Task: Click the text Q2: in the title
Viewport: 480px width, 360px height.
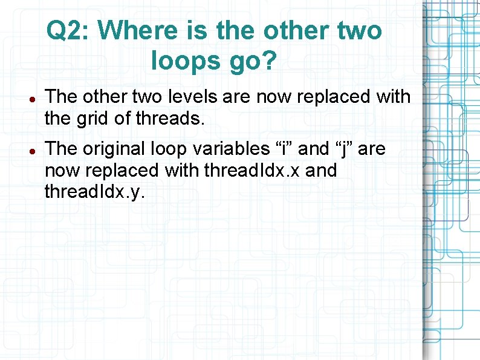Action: coord(68,30)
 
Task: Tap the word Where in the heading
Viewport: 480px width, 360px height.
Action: coord(135,30)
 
